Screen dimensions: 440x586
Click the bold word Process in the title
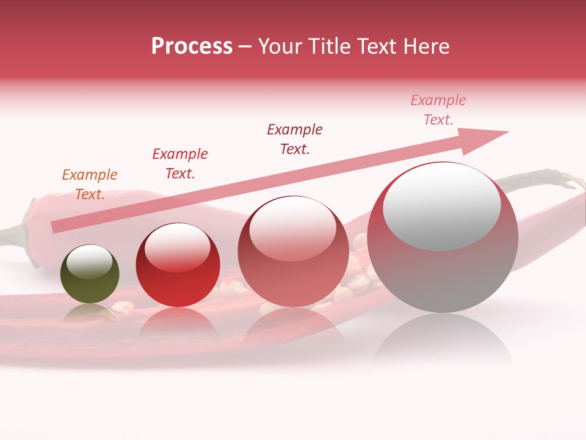click(x=192, y=46)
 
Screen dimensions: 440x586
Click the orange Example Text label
click(x=90, y=185)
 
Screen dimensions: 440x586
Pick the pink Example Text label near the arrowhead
click(x=438, y=110)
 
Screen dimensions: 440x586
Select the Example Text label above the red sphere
click(x=180, y=164)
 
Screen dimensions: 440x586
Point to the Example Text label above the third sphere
click(x=295, y=139)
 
